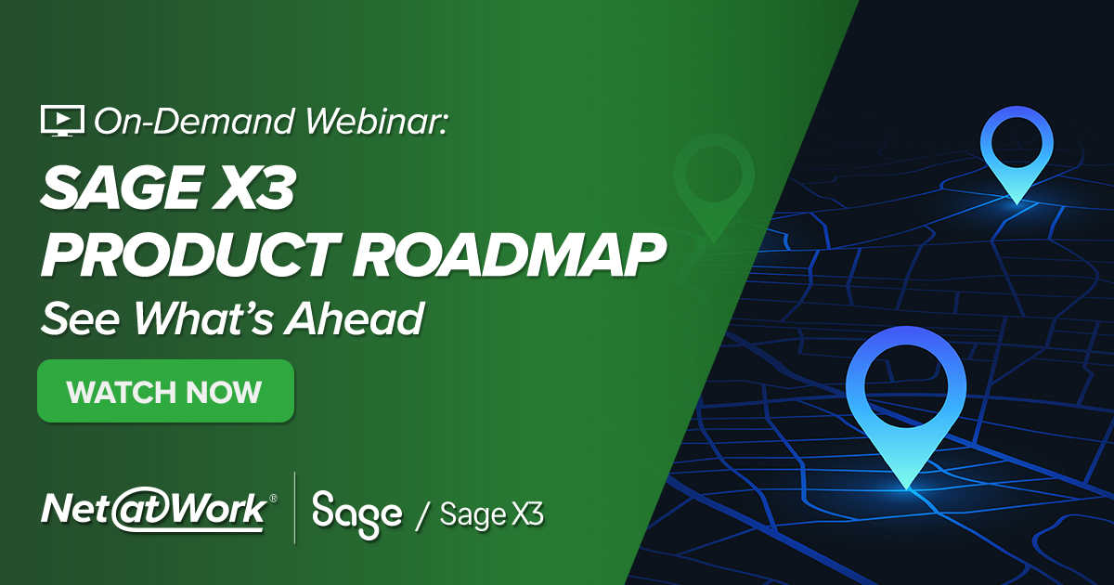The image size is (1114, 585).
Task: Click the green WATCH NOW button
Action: click(165, 392)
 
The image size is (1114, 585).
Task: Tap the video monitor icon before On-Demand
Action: click(62, 122)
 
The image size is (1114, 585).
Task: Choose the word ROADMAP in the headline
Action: click(497, 256)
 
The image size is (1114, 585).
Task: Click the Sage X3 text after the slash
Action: click(491, 513)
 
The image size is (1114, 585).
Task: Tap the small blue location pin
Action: click(1017, 153)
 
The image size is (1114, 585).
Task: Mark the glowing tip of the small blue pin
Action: click(1017, 200)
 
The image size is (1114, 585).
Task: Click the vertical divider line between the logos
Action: click(294, 507)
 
